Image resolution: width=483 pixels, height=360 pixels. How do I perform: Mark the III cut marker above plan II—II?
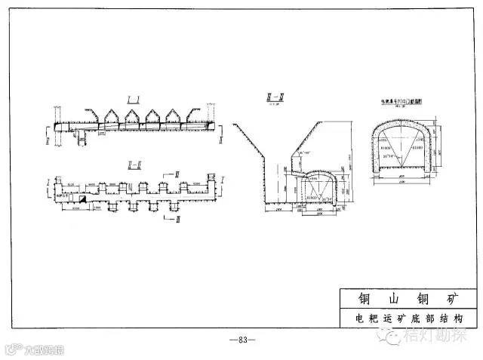click(179, 174)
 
